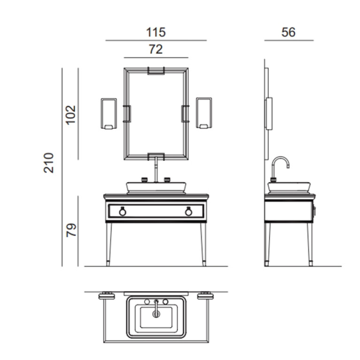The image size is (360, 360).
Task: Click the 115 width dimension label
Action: (156, 32)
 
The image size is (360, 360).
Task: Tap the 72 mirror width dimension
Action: (156, 49)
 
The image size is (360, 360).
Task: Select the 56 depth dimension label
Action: (288, 32)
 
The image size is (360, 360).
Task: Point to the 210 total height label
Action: (49, 162)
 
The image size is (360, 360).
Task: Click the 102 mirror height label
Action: (71, 115)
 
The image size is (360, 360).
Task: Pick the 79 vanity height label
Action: (71, 230)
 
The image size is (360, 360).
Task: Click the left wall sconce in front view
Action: (109, 114)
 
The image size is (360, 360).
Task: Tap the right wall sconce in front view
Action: (204, 113)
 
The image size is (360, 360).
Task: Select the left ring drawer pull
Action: (123, 211)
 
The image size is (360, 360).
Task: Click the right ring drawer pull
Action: (189, 211)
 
